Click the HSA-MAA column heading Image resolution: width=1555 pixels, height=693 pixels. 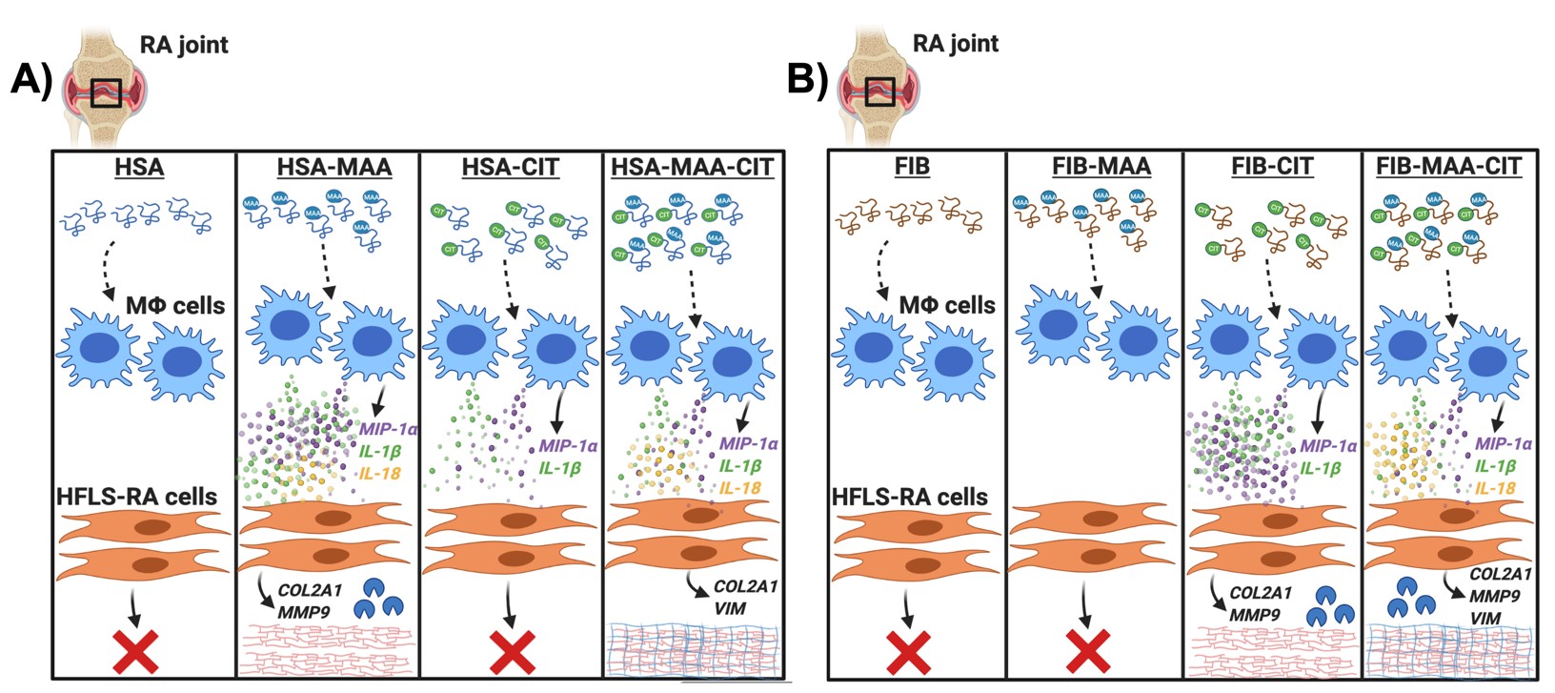pyautogui.click(x=333, y=168)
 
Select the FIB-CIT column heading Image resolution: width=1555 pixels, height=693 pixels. pyautogui.click(x=1272, y=167)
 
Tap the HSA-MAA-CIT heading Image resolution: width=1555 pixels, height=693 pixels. pyautogui.click(x=692, y=168)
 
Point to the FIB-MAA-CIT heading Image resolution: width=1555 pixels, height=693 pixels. pyautogui.click(x=1448, y=167)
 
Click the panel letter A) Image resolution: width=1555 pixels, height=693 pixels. pyautogui.click(x=30, y=80)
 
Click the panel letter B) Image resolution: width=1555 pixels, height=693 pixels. pyautogui.click(x=807, y=80)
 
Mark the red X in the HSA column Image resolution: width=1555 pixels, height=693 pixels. pyautogui.click(x=136, y=651)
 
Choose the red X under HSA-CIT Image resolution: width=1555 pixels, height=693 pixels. pyautogui.click(x=512, y=651)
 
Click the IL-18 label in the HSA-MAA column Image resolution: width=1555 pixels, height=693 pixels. pyautogui.click(x=379, y=474)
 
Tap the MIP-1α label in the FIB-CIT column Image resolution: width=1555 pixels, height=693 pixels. pyautogui.click(x=1328, y=446)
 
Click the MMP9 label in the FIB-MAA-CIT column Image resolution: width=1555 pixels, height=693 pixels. pyautogui.click(x=1494, y=596)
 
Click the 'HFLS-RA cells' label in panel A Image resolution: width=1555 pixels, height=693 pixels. pyautogui.click(x=136, y=497)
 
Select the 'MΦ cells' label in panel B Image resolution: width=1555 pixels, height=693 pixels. pyautogui.click(x=947, y=305)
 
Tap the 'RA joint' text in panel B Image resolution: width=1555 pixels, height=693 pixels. pyautogui.click(x=956, y=44)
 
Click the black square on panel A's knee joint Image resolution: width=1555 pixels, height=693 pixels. pyautogui.click(x=106, y=92)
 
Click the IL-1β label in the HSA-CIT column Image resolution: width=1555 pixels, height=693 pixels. pyautogui.click(x=559, y=468)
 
